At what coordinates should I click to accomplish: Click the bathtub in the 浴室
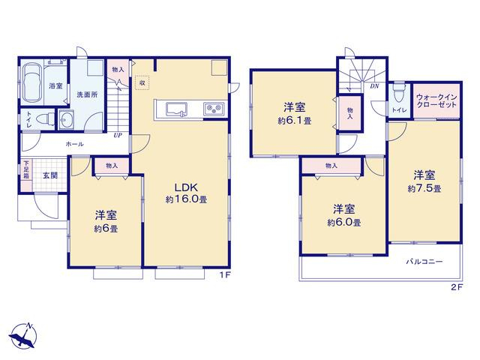click(x=31, y=82)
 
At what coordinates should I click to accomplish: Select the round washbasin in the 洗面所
click(x=66, y=119)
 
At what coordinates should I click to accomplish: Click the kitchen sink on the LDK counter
click(x=177, y=109)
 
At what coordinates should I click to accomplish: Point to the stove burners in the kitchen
click(x=214, y=109)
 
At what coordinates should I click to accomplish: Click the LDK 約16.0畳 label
click(x=187, y=193)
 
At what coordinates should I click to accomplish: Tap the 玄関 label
click(x=50, y=175)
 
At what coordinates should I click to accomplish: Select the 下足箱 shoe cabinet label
click(x=26, y=170)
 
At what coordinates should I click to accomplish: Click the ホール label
click(x=75, y=144)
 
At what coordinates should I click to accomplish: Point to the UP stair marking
click(x=118, y=135)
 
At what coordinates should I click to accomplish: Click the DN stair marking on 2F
click(x=374, y=86)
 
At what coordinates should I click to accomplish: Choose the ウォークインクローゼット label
click(x=436, y=100)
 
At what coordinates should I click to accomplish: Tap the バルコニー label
click(x=424, y=262)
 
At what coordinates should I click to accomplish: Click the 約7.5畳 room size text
click(x=424, y=188)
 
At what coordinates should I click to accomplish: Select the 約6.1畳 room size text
click(x=295, y=121)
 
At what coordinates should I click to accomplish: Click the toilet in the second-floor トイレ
click(x=399, y=93)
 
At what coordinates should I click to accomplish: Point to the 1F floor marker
click(x=225, y=275)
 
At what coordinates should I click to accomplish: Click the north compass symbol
click(x=23, y=336)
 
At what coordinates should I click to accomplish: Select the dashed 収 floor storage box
click(x=142, y=82)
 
